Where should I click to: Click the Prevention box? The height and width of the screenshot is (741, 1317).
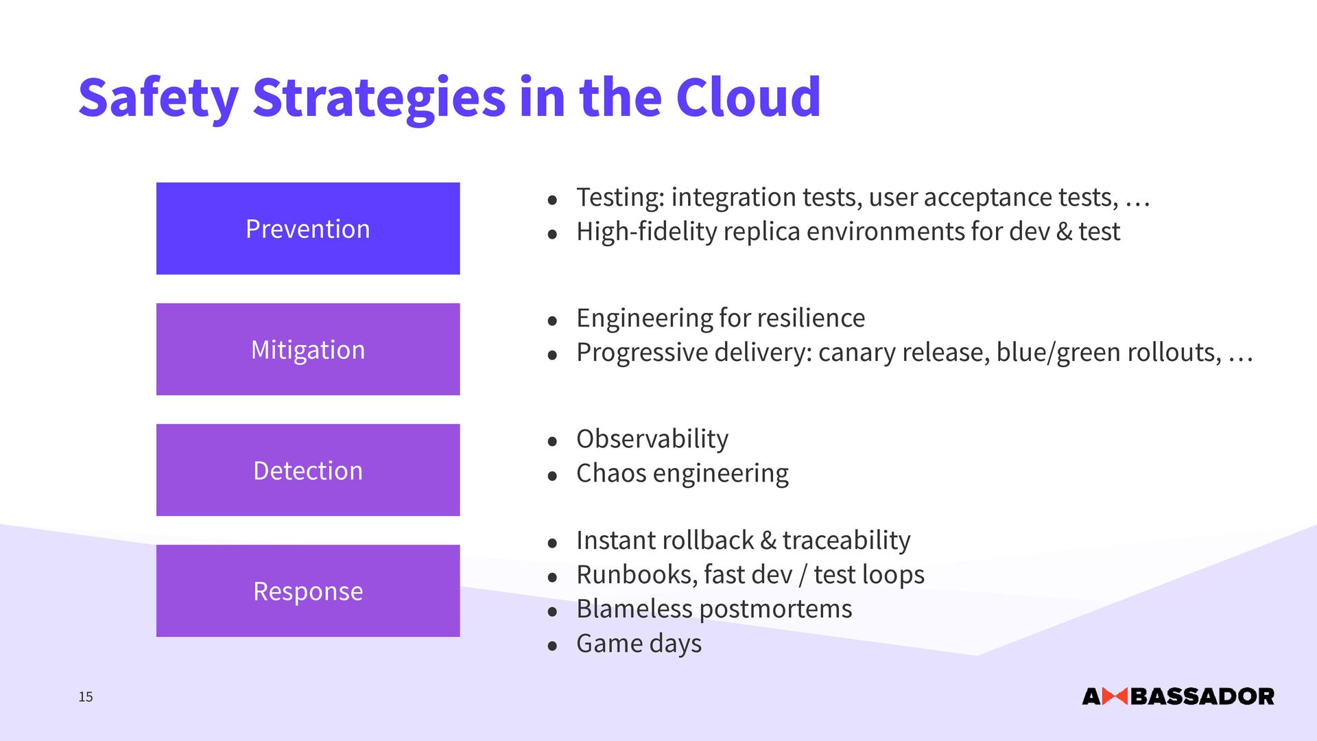tap(308, 228)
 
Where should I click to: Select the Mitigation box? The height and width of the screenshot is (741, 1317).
tap(308, 349)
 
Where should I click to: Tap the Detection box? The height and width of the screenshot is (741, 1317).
tap(308, 470)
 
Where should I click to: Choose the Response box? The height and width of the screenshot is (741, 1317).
tap(308, 591)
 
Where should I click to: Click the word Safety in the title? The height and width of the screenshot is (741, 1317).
tap(158, 98)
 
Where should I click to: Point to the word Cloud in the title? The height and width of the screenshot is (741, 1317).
tap(748, 97)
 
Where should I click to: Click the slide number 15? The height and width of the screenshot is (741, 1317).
tap(86, 697)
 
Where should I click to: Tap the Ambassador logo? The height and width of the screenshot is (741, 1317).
tap(1178, 696)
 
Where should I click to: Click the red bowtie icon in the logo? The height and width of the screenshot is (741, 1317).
tap(1115, 696)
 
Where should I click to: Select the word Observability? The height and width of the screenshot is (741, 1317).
tap(652, 439)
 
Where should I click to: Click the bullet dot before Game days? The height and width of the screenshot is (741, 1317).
tap(552, 646)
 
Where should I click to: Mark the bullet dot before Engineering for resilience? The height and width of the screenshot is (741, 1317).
tap(552, 320)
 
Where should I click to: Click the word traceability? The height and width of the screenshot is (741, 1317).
tap(846, 541)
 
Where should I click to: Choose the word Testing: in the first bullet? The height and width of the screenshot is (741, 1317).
tap(621, 198)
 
